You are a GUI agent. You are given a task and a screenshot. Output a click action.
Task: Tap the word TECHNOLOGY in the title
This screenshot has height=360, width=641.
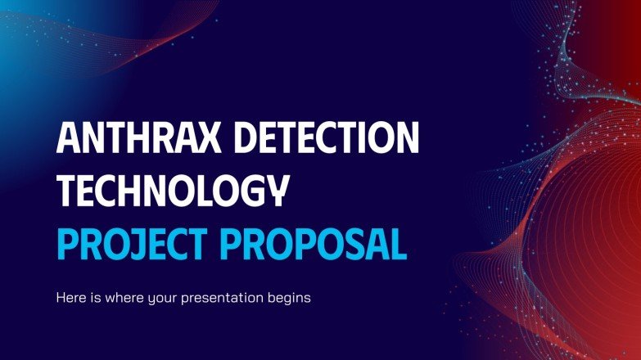coord(173,191)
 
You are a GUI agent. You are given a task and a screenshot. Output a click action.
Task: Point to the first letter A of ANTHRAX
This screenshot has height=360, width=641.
coord(69,139)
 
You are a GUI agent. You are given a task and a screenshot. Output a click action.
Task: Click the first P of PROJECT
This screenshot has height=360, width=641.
coord(67,242)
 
